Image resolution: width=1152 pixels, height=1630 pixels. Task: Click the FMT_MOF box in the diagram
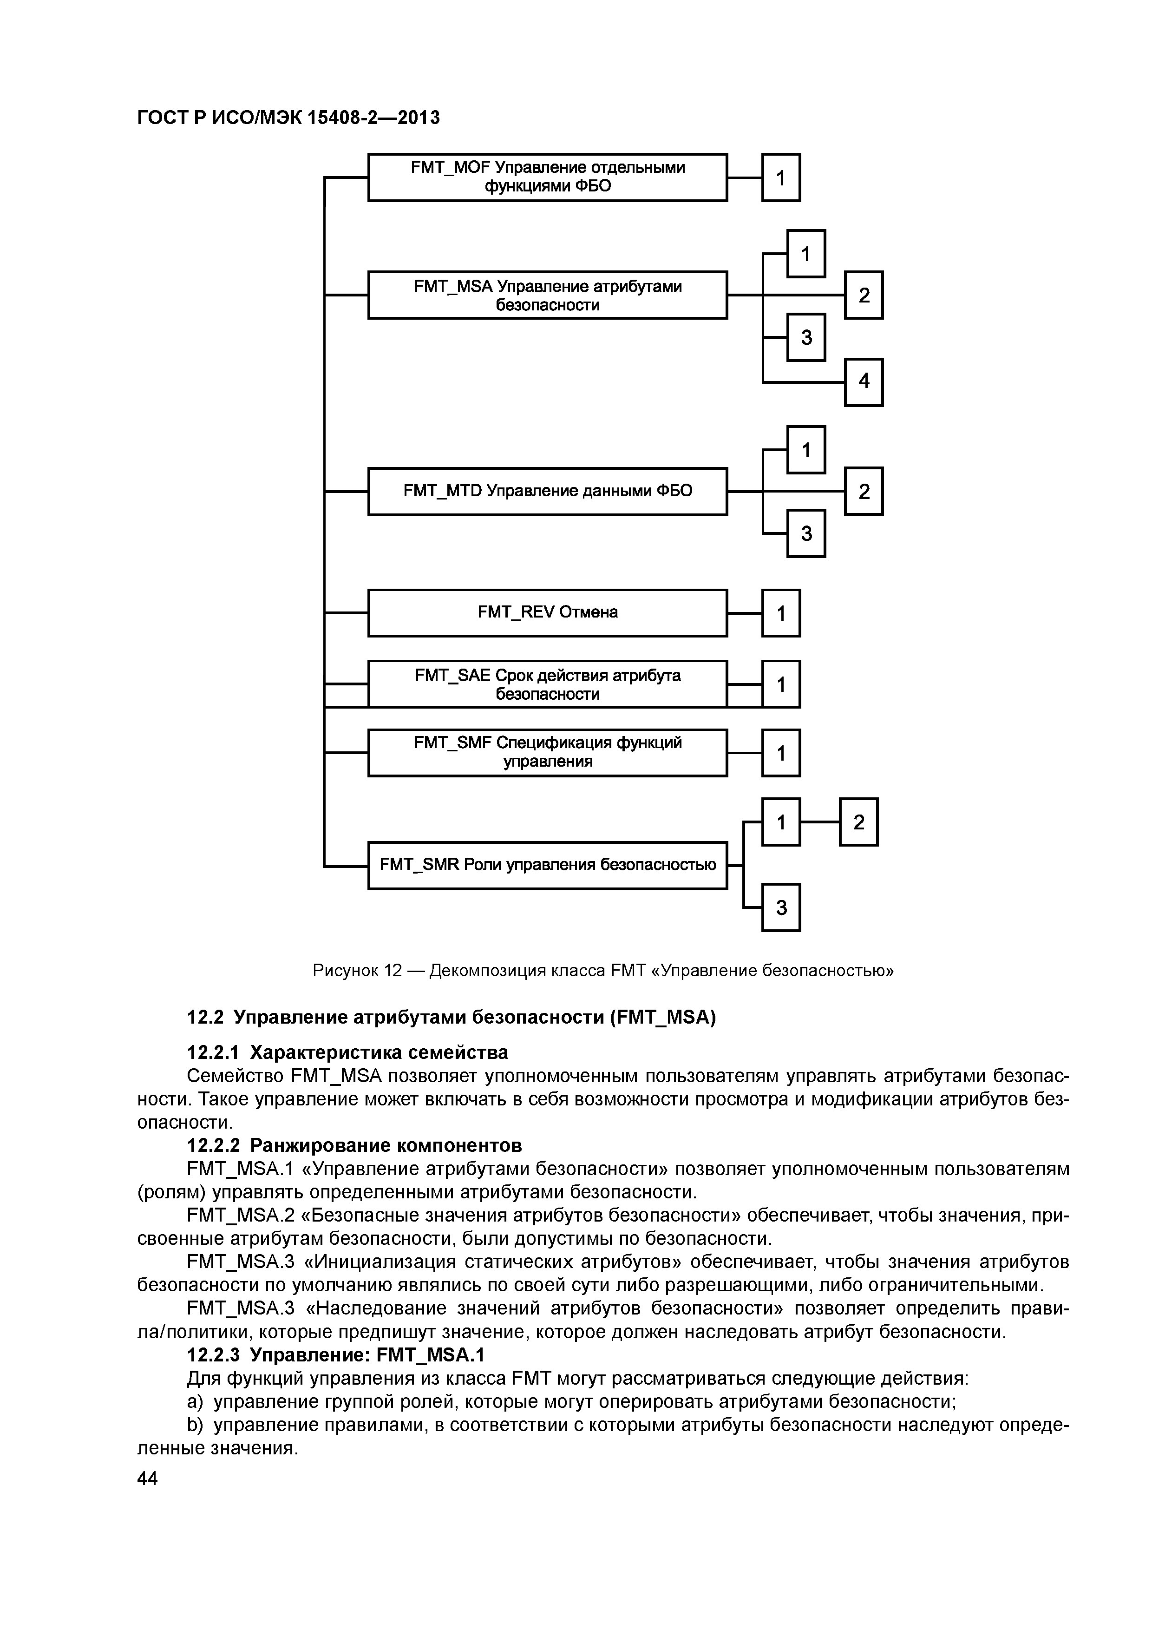coord(547,177)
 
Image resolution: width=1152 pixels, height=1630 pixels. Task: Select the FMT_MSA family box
coord(547,295)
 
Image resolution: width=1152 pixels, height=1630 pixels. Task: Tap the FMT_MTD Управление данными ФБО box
coord(547,491)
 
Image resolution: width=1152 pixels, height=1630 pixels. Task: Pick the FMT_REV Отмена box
coord(547,612)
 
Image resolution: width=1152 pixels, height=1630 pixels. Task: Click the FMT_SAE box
coord(547,684)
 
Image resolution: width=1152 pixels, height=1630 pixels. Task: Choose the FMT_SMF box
coord(547,752)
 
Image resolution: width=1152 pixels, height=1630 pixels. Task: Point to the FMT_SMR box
coord(547,865)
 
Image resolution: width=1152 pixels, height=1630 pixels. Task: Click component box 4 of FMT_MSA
coord(863,382)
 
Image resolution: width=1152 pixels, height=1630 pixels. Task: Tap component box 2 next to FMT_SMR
coord(858,822)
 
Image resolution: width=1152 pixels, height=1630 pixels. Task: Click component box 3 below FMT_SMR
coord(781,907)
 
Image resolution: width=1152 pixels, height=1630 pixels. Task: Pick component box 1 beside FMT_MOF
coord(781,177)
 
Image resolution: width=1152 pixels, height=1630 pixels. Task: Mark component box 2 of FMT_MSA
coord(863,295)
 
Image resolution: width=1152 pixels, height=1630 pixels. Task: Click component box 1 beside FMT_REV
coord(781,613)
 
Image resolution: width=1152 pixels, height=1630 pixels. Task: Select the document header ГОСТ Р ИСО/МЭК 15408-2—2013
coord(288,117)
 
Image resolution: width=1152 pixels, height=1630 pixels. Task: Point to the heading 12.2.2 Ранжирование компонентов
coord(354,1145)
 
